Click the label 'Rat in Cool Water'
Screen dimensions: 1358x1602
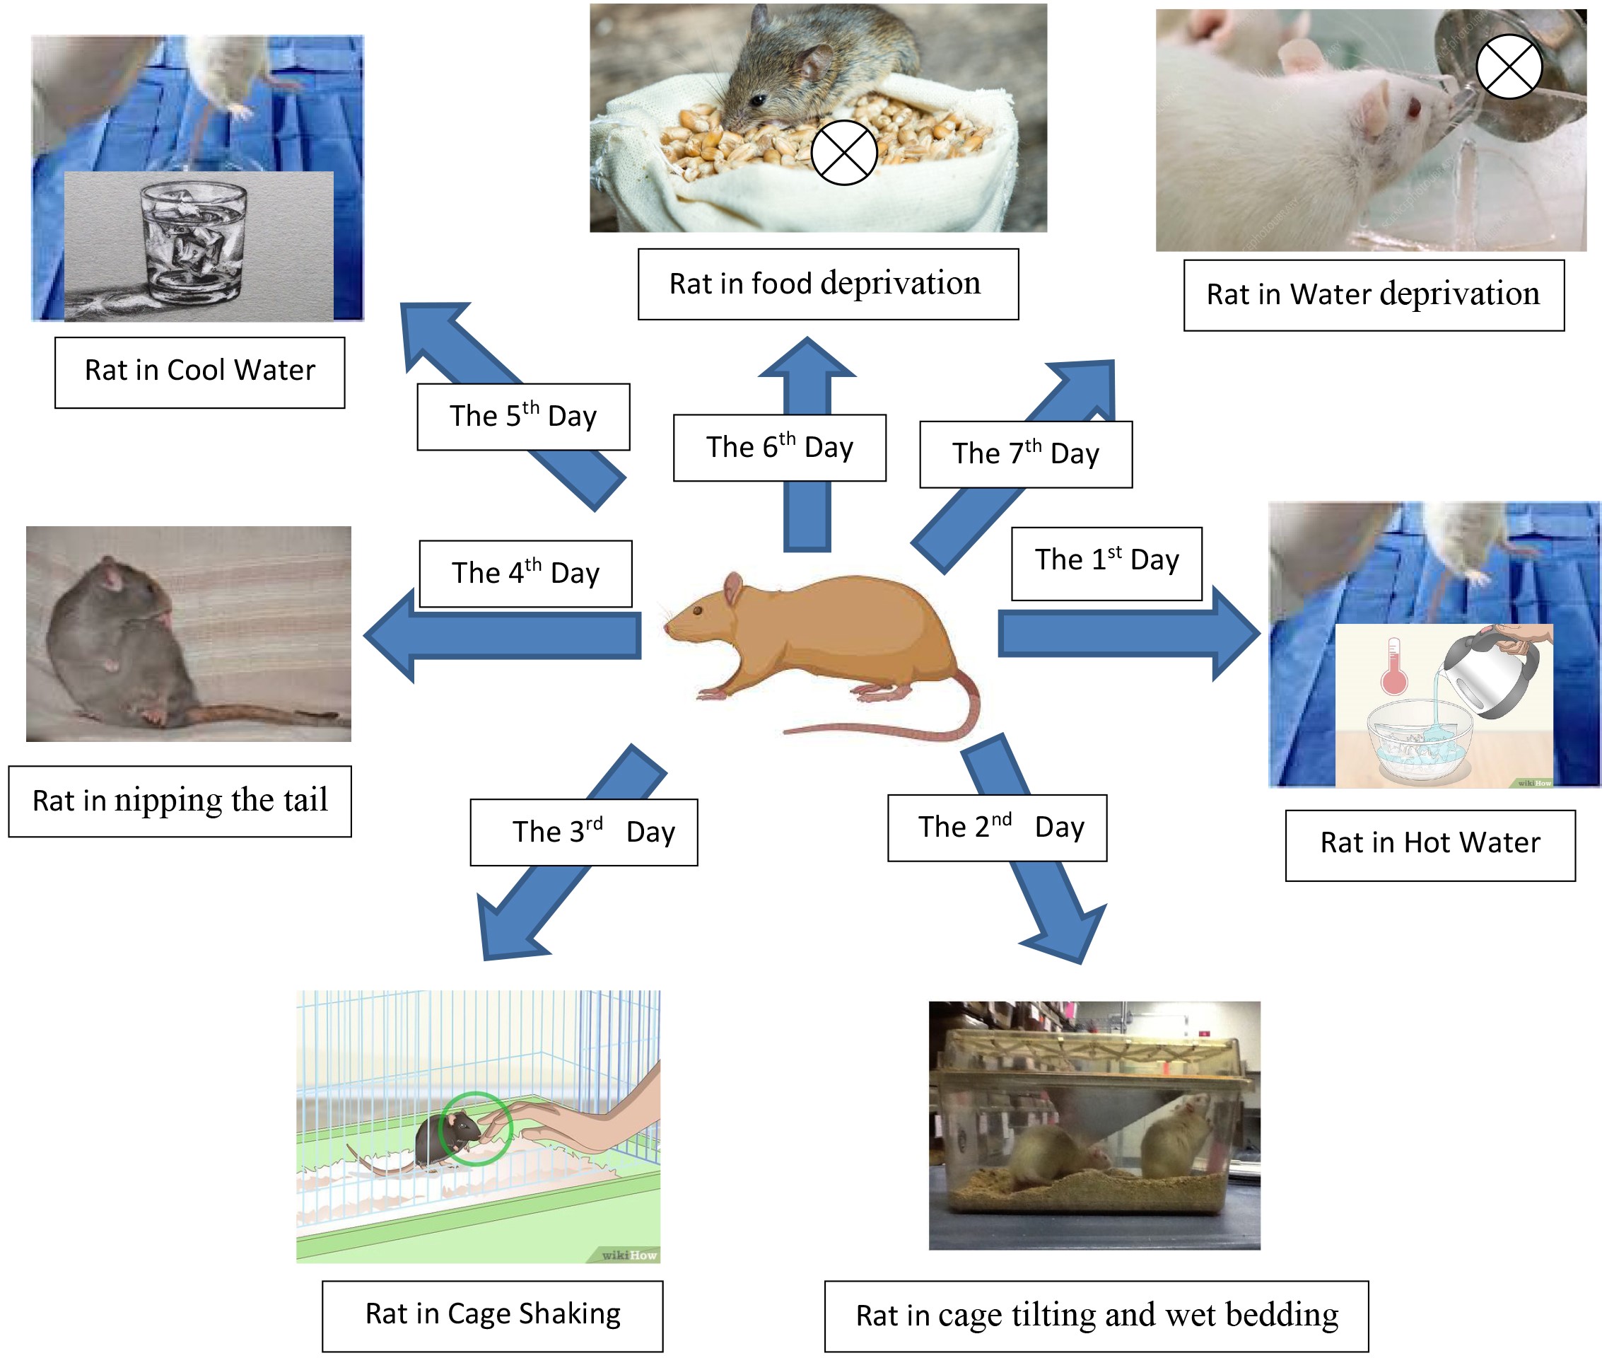(199, 372)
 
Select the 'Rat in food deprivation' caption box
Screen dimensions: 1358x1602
(827, 284)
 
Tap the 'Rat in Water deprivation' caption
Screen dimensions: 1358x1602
(1373, 295)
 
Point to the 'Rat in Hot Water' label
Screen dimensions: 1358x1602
(1429, 845)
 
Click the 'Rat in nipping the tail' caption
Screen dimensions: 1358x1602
(180, 801)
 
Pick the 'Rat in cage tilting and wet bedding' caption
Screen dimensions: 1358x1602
(1096, 1316)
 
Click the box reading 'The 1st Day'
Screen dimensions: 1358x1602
(1106, 563)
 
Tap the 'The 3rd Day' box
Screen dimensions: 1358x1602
(583, 832)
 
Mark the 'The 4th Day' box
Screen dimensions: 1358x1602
(525, 574)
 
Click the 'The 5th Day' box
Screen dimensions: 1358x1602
(522, 417)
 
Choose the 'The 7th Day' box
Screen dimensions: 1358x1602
(1025, 454)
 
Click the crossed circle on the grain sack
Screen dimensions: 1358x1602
(843, 153)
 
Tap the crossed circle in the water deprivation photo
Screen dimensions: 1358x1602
(1508, 66)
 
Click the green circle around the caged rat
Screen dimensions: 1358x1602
(475, 1128)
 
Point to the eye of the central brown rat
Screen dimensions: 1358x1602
(697, 610)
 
